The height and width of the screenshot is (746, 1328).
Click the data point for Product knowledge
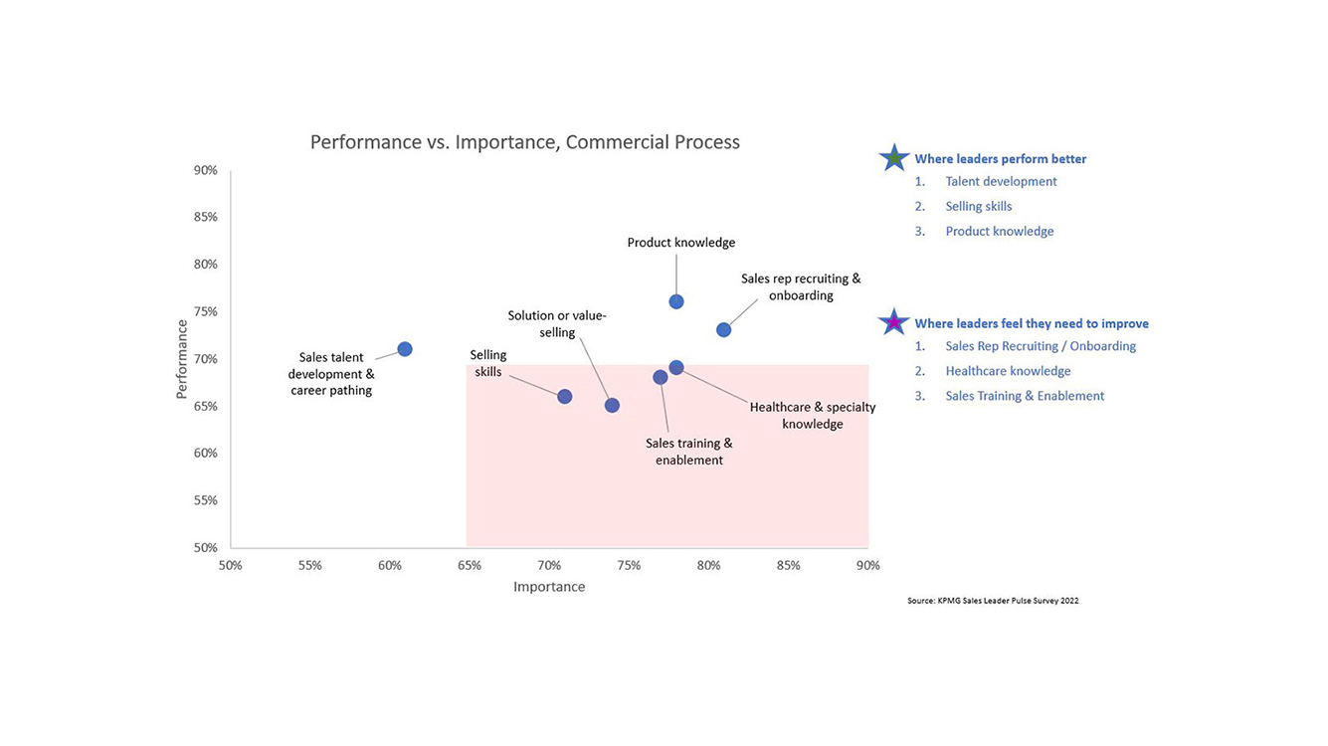676,301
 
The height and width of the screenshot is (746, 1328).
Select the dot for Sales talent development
405,349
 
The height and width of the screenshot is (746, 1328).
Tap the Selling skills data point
565,397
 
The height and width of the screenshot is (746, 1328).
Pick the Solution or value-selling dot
613,405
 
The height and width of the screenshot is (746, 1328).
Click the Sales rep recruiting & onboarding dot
724,330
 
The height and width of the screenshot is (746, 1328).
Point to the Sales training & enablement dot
661,377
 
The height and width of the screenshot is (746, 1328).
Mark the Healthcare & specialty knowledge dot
676,368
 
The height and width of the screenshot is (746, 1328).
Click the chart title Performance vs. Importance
524,142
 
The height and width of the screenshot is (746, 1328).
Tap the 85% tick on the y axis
206,217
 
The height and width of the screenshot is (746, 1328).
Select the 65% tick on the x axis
470,566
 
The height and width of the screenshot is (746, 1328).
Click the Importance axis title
549,587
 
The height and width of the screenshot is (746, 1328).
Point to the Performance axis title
182,359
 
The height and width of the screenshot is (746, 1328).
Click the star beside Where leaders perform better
894,158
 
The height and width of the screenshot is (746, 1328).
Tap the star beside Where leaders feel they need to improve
894,322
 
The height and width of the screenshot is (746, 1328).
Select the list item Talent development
1001,182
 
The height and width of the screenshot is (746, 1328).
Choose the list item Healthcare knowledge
1008,371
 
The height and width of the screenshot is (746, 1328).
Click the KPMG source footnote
993,601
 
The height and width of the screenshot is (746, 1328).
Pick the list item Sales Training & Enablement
1025,396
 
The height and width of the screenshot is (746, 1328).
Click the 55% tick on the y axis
206,500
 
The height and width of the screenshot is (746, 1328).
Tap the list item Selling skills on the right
979,207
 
